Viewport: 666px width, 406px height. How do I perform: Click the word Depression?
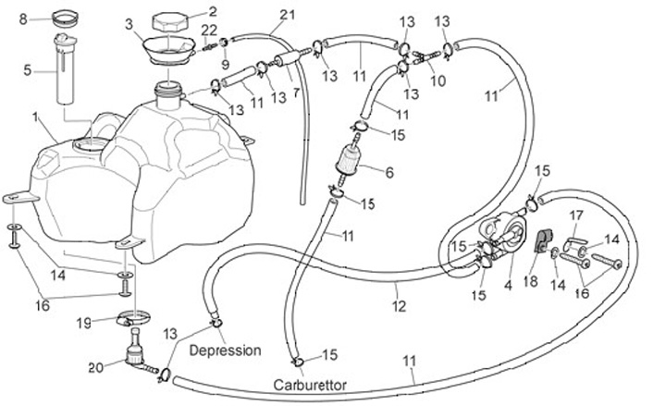(x=226, y=351)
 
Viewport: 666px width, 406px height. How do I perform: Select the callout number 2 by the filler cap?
(x=212, y=11)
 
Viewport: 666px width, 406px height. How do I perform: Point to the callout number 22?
(x=211, y=31)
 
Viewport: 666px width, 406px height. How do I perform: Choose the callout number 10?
(x=438, y=80)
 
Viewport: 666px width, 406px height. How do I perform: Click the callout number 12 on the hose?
(x=399, y=304)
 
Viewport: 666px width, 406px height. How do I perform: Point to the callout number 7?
(x=296, y=93)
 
